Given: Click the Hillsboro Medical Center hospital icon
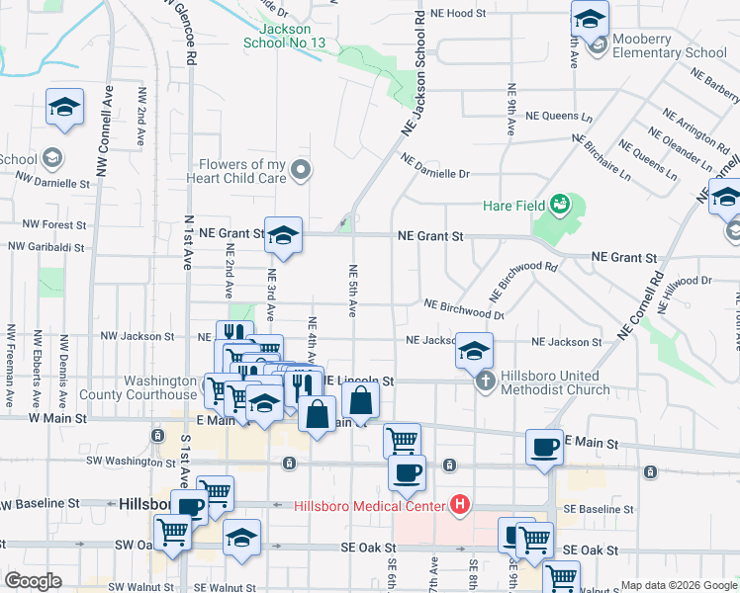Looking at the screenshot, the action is coord(459,506).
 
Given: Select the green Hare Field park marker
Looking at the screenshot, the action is coord(560,204).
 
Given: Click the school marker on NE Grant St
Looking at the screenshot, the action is coord(283,236).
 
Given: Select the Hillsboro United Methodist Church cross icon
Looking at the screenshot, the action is coord(485,381).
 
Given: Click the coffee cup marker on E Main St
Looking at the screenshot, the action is coord(544,447).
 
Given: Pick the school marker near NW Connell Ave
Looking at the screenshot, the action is coord(64,108).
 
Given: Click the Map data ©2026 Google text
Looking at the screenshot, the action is coord(679,585).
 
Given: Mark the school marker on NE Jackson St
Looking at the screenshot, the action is coord(474,350).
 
